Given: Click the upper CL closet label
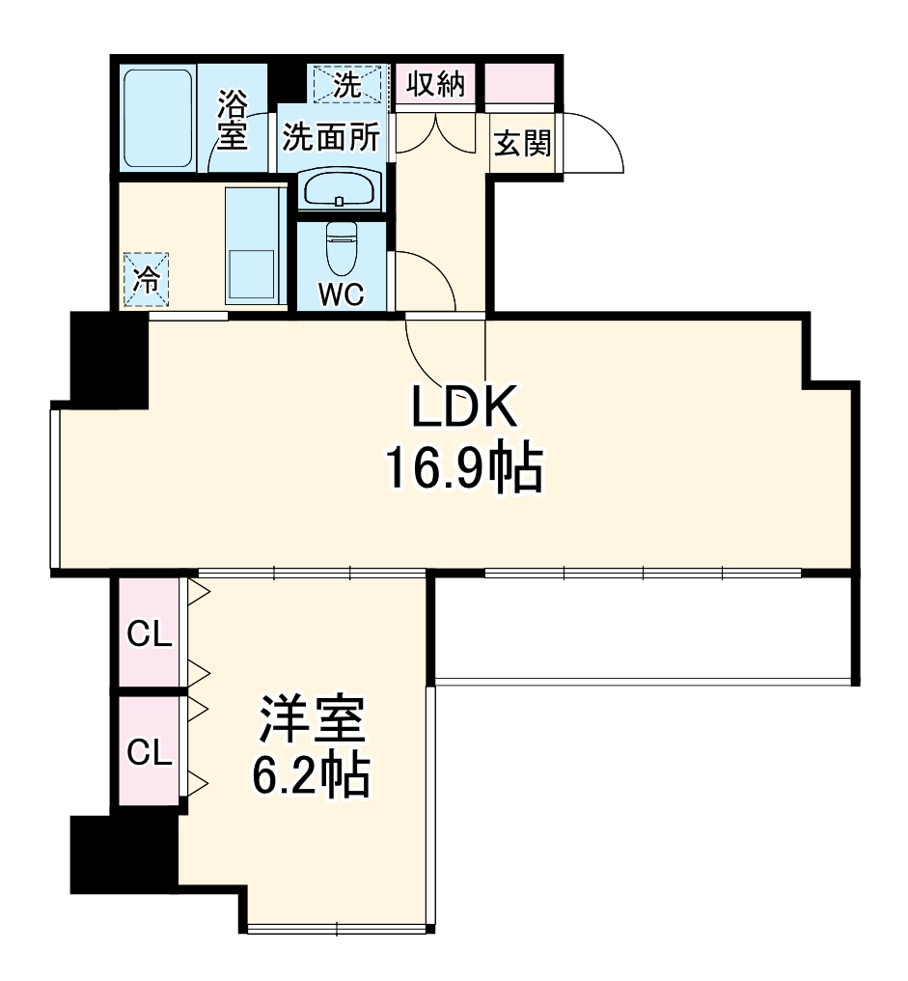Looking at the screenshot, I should [x=150, y=634].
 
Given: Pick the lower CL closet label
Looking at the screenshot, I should [x=150, y=751].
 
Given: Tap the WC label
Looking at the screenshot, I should [x=342, y=295].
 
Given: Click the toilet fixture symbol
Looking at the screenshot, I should [x=342, y=249].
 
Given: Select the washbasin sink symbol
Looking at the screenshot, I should [x=340, y=189].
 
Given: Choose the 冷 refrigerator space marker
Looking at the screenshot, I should [x=147, y=280].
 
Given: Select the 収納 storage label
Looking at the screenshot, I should [x=435, y=84].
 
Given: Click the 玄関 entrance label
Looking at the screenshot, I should [x=523, y=144].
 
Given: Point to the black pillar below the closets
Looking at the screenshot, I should [x=124, y=855].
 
